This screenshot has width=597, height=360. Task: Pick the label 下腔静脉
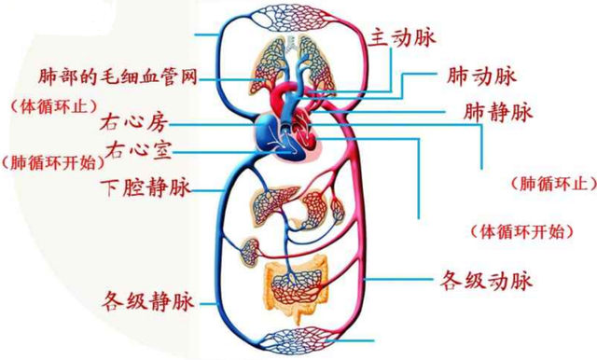[x=145, y=187]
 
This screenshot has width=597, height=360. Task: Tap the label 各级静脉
[x=148, y=300]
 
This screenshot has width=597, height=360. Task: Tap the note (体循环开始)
[x=519, y=230]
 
